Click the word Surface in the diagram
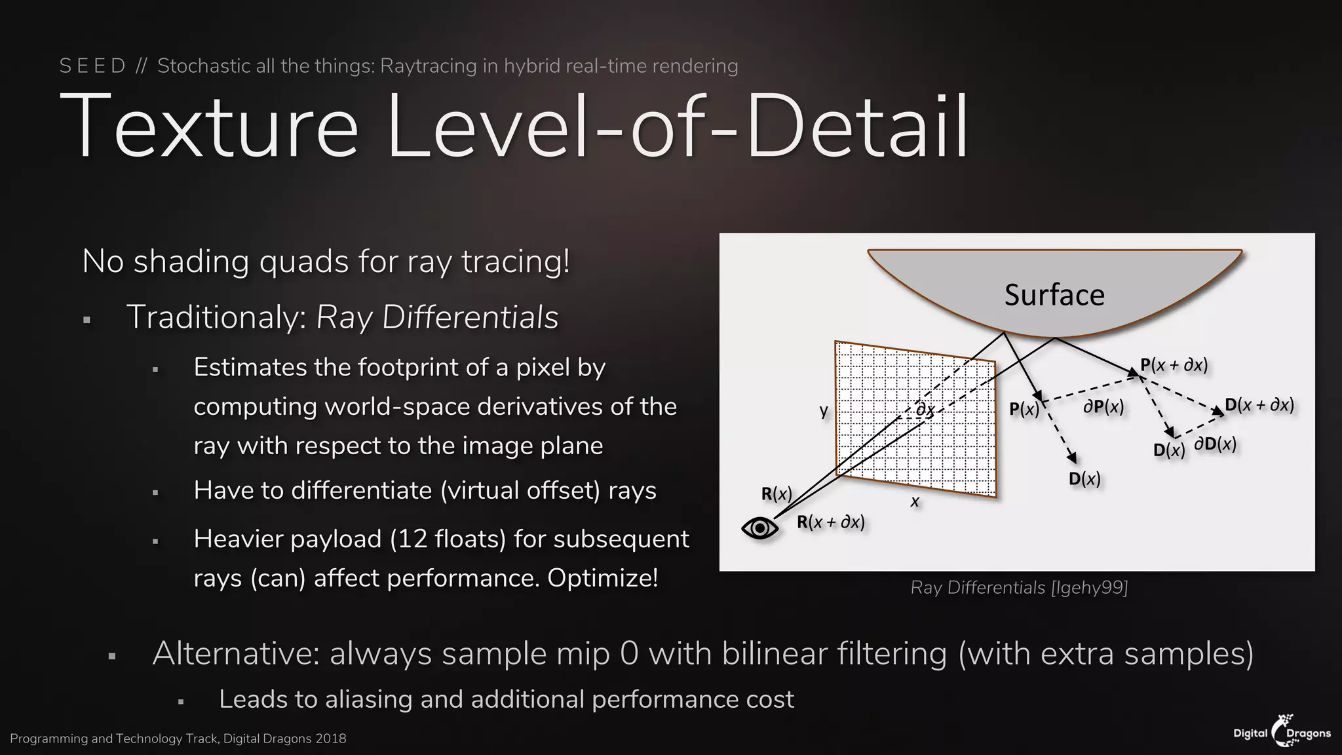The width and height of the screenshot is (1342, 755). point(1054,295)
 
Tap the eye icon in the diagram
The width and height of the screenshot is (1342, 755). point(759,528)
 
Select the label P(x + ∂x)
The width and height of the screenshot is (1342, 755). point(1174,365)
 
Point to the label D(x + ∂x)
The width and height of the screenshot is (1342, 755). point(1259,404)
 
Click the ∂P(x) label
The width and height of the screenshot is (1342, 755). point(1103,407)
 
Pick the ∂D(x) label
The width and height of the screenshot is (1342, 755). point(1215,444)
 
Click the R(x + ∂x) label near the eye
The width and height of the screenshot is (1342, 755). point(830,522)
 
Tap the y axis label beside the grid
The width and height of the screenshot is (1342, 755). point(824,411)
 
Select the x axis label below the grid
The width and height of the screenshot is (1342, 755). point(915,502)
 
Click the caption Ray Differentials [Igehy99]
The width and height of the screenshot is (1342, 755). point(1019,587)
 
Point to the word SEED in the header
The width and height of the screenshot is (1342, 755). point(92,66)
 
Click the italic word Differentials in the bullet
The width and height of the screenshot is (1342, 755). point(470,317)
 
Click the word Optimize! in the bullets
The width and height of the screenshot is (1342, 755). point(602,578)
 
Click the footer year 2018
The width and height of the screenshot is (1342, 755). point(330,739)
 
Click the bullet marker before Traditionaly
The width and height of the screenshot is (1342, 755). point(86,320)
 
